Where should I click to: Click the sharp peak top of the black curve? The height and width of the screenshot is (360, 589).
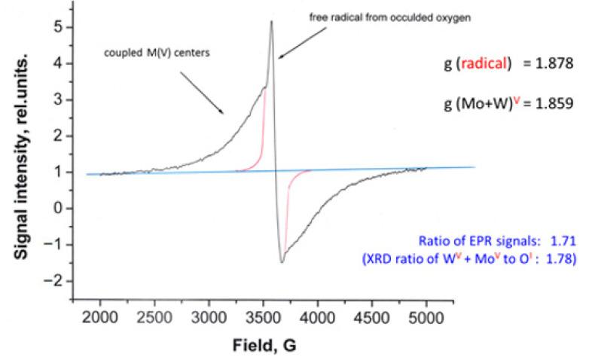[271, 21]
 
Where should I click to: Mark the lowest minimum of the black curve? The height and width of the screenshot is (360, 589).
[282, 262]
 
